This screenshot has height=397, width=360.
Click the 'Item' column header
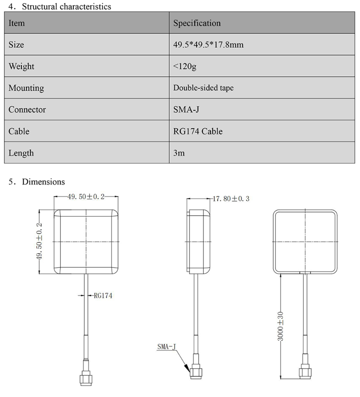pos(17,23)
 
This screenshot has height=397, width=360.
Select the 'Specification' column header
pos(197,23)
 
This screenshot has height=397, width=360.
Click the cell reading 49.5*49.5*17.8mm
pos(208,45)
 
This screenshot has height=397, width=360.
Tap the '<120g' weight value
pos(184,67)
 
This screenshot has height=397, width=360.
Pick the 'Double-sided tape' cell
pos(203,88)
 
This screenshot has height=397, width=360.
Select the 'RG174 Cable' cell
pos(197,131)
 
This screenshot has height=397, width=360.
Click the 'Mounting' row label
pos(26,88)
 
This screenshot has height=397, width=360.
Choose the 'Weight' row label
pos(21,67)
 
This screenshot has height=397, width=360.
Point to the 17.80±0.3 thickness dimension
pos(230,198)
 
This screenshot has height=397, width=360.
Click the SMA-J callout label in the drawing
pos(166,346)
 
